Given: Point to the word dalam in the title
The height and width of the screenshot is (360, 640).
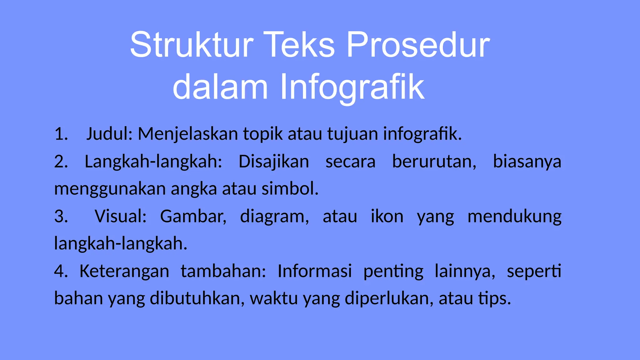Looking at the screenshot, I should pyautogui.click(x=220, y=87).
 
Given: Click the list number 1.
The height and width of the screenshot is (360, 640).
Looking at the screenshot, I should pyautogui.click(x=61, y=134).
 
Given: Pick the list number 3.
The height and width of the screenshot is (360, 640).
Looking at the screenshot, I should pyautogui.click(x=61, y=216).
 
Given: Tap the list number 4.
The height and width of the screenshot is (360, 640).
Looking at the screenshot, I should pyautogui.click(x=61, y=271).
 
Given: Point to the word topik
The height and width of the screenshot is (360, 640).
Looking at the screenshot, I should pyautogui.click(x=263, y=134).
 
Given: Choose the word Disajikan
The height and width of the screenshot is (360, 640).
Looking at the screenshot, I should pyautogui.click(x=274, y=162).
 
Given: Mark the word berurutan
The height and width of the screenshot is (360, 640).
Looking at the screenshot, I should pyautogui.click(x=434, y=162).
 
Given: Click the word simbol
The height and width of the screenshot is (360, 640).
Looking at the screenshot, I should pyautogui.click(x=290, y=189).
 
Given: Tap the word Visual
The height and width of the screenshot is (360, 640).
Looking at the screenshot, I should pyautogui.click(x=121, y=216).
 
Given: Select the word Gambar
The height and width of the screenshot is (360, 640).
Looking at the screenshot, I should pyautogui.click(x=193, y=216).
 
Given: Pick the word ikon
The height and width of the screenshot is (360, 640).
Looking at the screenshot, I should pyautogui.click(x=387, y=216).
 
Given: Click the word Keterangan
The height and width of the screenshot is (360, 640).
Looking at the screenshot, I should pyautogui.click(x=124, y=271).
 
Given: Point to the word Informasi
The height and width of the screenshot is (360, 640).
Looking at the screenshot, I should pyautogui.click(x=314, y=271).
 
